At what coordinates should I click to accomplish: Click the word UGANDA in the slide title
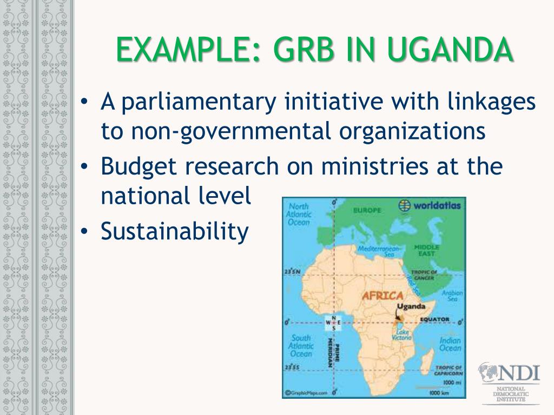point(450,51)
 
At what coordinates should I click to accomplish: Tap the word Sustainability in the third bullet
point(174,232)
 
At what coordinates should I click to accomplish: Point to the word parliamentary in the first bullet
point(199,102)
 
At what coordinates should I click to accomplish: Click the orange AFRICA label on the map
point(382,296)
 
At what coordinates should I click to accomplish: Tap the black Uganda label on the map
point(411,307)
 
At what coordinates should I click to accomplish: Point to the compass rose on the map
point(334,323)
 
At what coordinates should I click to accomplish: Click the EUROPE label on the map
point(367,210)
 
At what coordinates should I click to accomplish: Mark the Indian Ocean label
point(450,344)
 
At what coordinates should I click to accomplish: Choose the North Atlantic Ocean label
point(299,215)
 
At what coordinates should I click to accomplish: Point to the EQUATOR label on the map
point(434,319)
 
